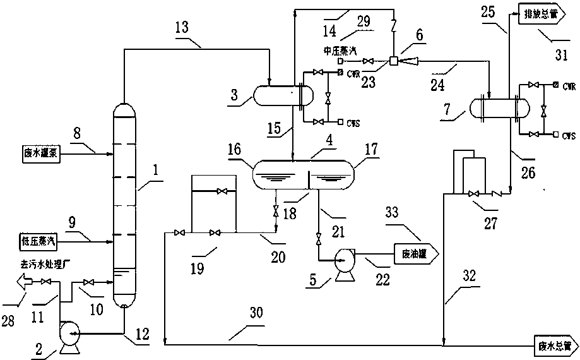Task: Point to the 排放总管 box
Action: pyautogui.click(x=540, y=13)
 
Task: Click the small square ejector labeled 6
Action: pyautogui.click(x=393, y=61)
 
